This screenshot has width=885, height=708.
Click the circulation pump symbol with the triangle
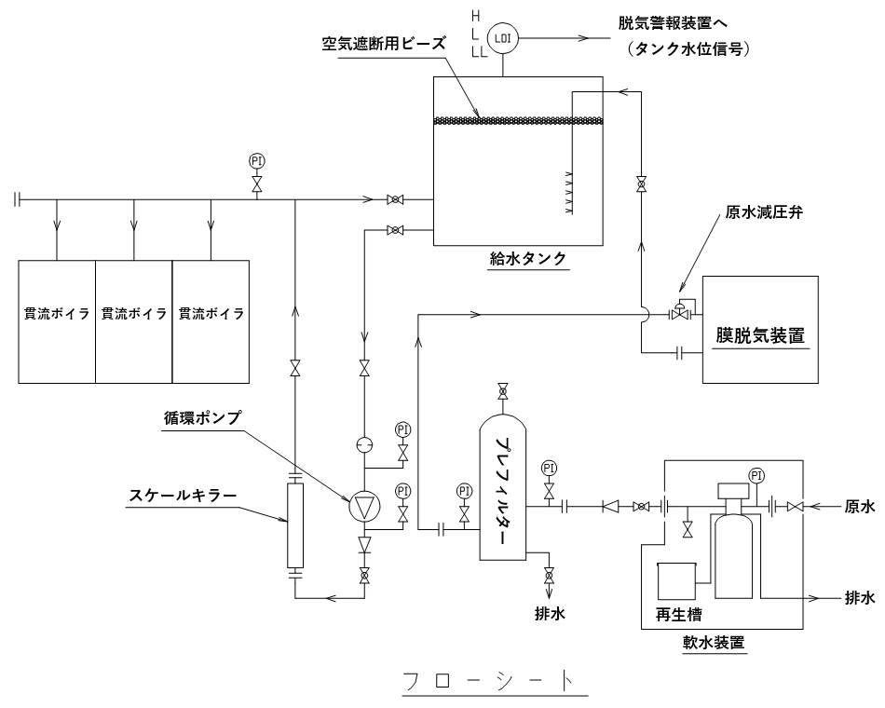(364, 507)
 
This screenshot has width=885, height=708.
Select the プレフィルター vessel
(503, 489)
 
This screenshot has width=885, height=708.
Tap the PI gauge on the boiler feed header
(257, 161)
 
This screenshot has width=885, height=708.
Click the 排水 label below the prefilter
(550, 614)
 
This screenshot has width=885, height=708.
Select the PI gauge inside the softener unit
(756, 476)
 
